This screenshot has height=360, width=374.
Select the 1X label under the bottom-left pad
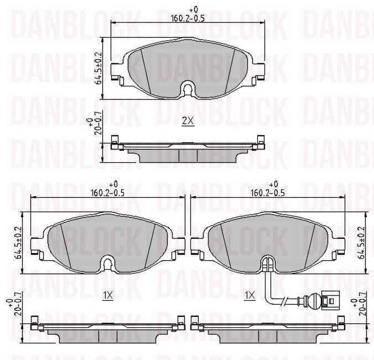coord(107,296)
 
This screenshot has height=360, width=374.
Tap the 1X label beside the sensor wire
coord(249,296)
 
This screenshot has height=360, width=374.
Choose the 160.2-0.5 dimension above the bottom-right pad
coord(268,193)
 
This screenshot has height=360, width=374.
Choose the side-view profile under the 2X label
coord(188,150)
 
